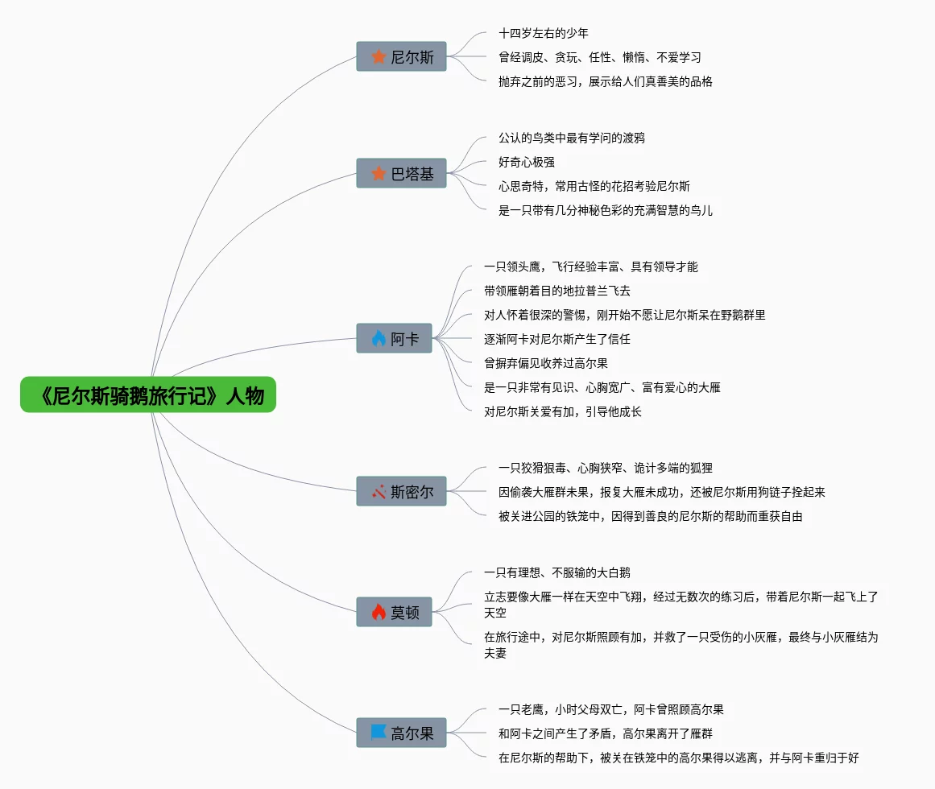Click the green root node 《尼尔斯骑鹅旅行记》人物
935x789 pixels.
pos(148,394)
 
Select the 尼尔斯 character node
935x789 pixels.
pos(401,56)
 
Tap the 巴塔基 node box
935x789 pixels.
pos(401,173)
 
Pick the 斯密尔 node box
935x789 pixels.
pos(401,491)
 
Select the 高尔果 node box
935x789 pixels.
pos(401,733)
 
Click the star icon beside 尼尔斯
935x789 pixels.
pos(379,56)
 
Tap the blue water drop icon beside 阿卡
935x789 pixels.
pos(379,338)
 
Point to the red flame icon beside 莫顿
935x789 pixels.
pos(379,612)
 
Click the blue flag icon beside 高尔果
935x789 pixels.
pos(379,733)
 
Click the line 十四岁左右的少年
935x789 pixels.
pos(544,33)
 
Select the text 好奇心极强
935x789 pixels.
pos(527,162)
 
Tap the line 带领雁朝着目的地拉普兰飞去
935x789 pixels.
pos(557,291)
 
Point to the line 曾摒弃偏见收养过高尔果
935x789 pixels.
pos(546,363)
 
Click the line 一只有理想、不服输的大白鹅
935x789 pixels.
pos(557,572)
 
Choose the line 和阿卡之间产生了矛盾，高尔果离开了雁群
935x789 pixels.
pos(606,733)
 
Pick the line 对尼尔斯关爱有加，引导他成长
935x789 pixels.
pos(563,411)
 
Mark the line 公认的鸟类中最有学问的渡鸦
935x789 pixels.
pos(572,138)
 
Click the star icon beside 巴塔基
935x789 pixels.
pos(379,173)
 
